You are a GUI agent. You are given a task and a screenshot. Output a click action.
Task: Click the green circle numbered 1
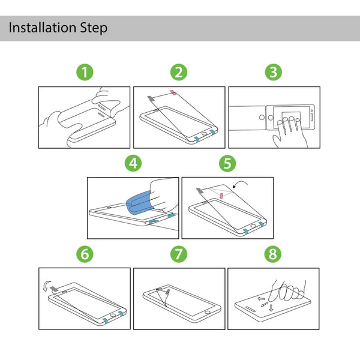click(85, 72)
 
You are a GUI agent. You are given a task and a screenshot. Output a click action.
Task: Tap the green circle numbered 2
click(179, 72)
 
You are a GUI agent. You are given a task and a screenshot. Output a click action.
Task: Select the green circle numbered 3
click(274, 72)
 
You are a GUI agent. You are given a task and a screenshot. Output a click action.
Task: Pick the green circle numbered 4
click(133, 163)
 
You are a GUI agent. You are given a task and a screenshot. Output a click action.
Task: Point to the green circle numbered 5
click(227, 163)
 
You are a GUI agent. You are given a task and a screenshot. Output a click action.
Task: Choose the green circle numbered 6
click(85, 254)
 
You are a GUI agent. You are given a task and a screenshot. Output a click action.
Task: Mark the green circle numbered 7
click(179, 254)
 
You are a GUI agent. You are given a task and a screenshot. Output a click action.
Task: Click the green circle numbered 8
click(273, 254)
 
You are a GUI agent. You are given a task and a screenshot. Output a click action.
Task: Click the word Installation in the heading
click(43, 28)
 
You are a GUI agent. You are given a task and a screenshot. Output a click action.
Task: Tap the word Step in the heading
click(94, 28)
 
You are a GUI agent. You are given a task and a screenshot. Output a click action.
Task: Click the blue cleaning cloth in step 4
click(140, 202)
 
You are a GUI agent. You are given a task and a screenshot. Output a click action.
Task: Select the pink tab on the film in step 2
click(173, 92)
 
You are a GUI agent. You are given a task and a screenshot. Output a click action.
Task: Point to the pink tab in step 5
click(221, 196)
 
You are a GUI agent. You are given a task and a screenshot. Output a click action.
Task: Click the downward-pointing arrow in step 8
click(271, 308)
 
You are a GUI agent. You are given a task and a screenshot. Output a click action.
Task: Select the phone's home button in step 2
click(204, 134)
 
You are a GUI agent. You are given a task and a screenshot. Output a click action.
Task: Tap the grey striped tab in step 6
click(54, 289)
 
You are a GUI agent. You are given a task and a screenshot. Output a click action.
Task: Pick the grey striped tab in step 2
click(151, 98)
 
